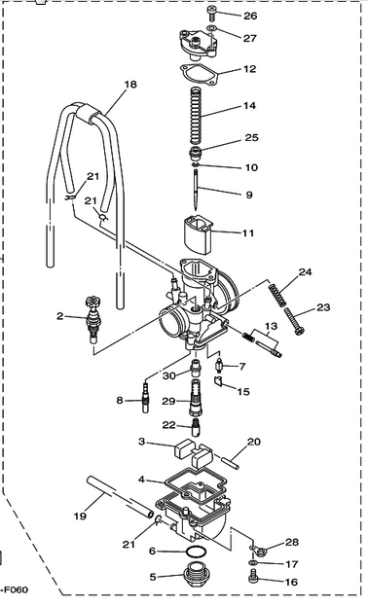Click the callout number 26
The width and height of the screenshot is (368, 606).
[250, 16]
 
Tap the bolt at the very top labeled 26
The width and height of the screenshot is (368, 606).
[211, 14]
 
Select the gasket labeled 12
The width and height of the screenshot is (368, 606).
[200, 75]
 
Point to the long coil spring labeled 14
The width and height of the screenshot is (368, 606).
[197, 116]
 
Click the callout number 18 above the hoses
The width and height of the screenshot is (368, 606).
[130, 85]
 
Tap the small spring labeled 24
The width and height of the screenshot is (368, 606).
[278, 295]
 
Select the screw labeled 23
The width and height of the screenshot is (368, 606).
[294, 321]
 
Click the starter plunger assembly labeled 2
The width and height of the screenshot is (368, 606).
[92, 319]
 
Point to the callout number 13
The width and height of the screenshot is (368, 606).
[271, 327]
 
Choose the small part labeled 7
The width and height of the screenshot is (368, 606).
[220, 365]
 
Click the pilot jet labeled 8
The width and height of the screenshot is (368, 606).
[146, 397]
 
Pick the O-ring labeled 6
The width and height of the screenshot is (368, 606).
[195, 552]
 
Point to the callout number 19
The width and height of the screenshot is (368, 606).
[80, 516]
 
